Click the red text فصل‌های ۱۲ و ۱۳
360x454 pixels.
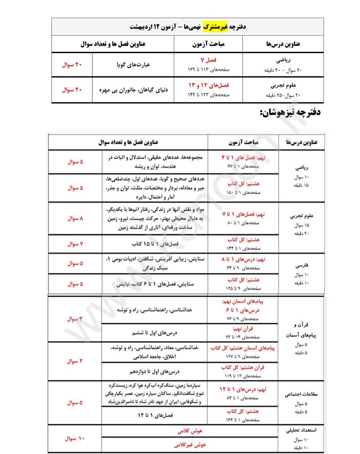tap(208, 85)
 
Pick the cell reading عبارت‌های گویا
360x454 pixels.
tap(133, 65)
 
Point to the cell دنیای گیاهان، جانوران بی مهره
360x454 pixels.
tap(133, 90)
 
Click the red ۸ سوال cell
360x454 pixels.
tap(75, 218)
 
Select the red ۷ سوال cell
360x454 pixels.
tap(75, 244)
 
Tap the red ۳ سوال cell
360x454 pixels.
tap(75, 319)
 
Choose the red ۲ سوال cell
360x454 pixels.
tap(75, 361)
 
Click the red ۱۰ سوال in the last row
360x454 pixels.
tap(75, 438)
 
